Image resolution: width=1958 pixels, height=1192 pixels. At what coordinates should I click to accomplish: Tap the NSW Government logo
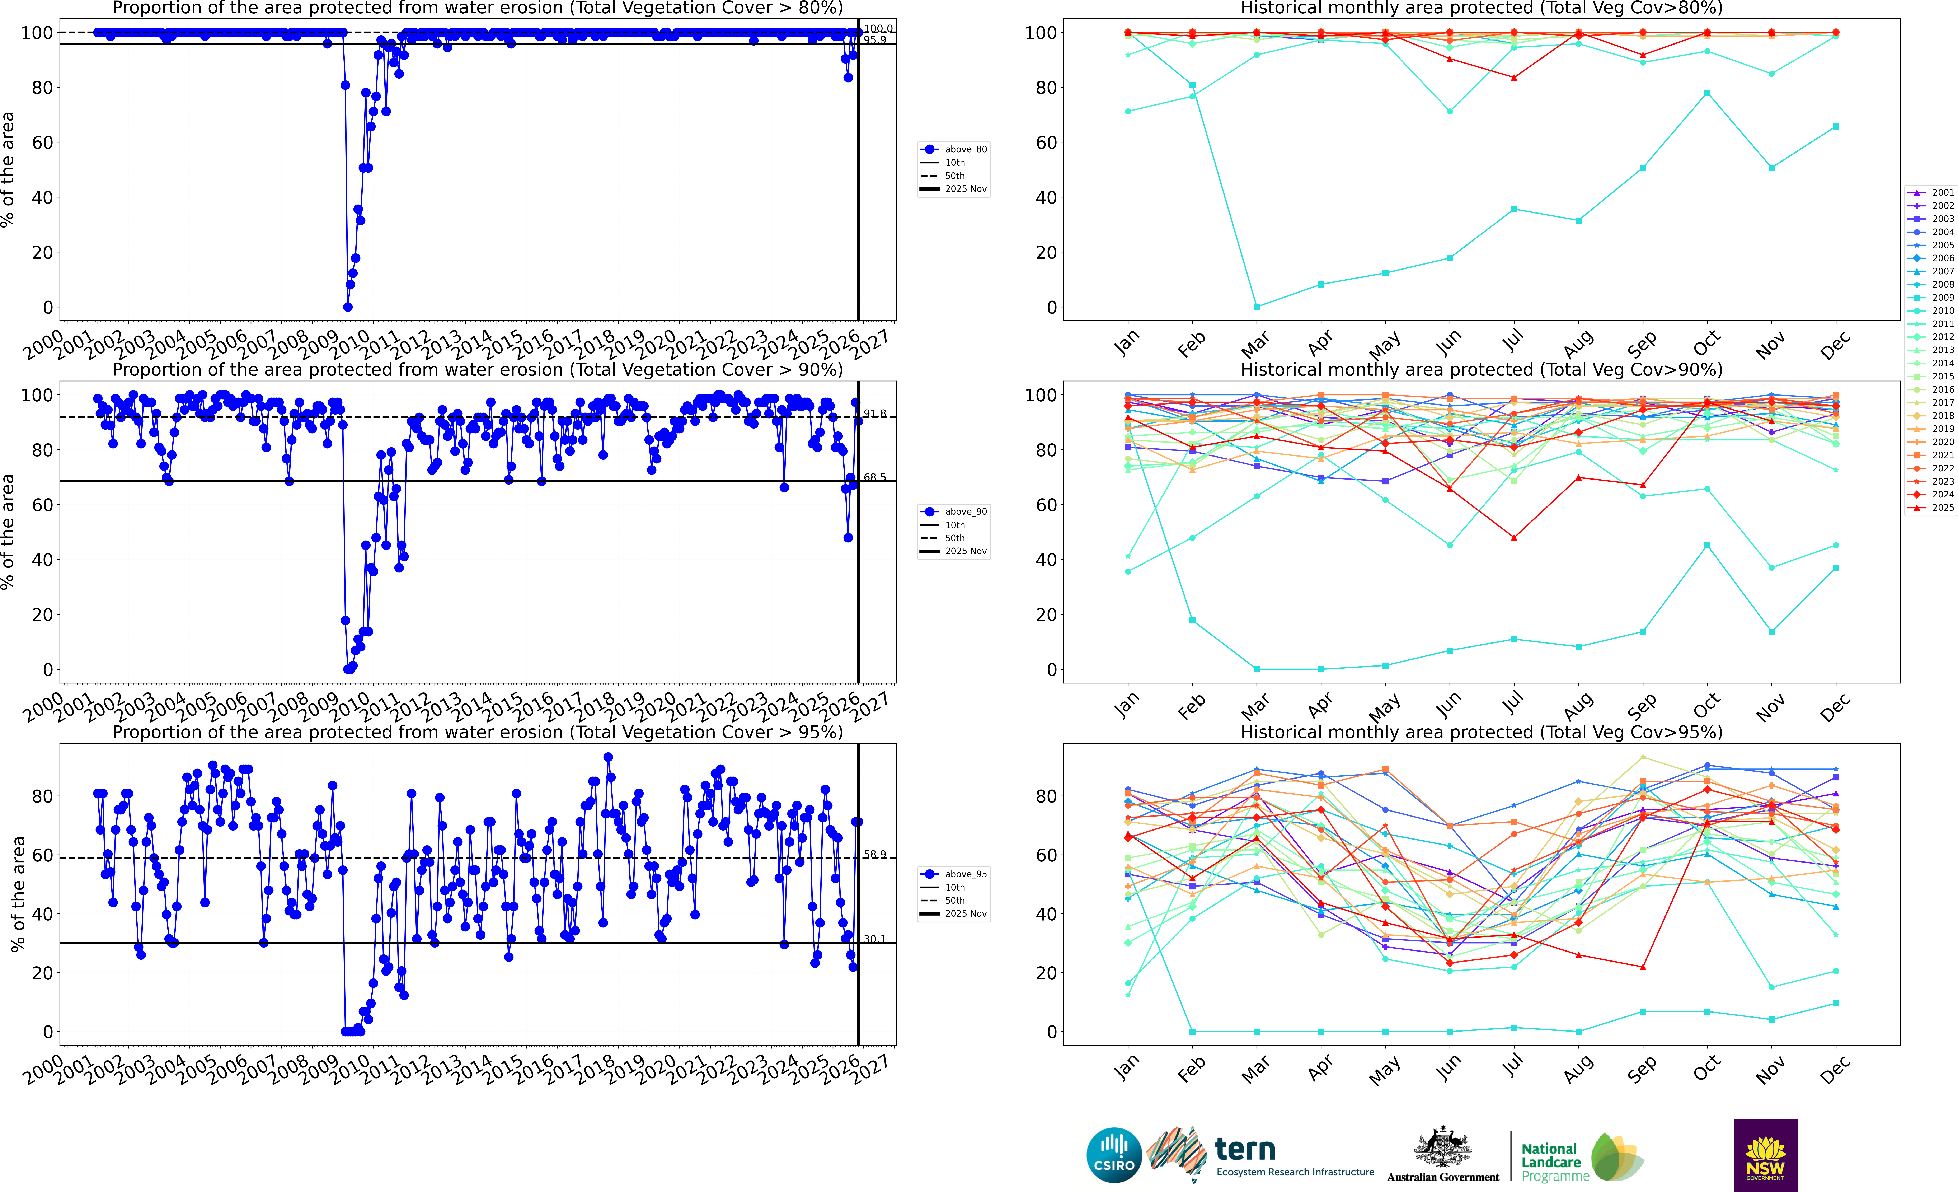click(x=1765, y=1155)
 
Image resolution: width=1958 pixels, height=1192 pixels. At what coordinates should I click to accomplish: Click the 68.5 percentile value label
click(x=874, y=478)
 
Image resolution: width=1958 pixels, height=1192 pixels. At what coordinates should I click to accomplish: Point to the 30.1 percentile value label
click(x=874, y=939)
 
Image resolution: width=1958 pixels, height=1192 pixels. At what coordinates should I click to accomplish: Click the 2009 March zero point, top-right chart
click(x=1256, y=307)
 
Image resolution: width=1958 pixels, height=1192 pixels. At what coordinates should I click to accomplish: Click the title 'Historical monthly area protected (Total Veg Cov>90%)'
click(x=1481, y=370)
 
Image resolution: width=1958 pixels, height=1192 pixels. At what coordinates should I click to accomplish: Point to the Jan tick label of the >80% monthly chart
click(x=1127, y=343)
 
